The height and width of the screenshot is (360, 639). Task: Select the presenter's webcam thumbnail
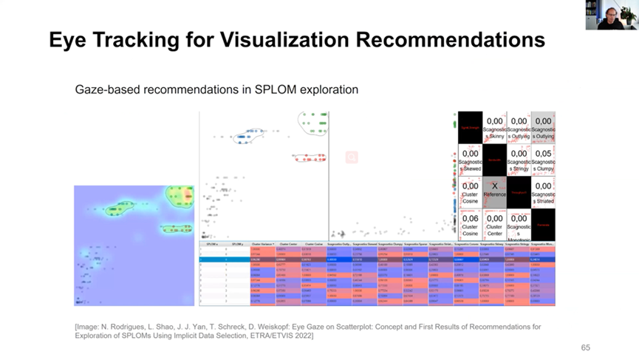612,15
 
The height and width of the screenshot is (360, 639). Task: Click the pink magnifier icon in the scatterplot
352,157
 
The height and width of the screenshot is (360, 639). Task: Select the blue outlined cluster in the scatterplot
248,135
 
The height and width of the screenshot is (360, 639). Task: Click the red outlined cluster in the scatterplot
310,157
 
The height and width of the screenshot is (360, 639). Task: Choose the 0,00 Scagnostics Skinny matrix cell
494,126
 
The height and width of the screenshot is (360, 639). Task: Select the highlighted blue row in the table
377,259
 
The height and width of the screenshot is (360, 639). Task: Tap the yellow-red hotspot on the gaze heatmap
180,196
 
